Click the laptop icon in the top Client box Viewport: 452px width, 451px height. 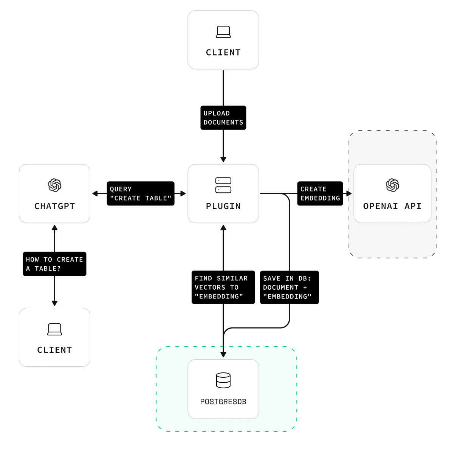tap(223, 32)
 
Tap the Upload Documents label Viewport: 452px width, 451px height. tap(223, 118)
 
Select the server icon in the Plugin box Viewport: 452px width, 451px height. tap(223, 185)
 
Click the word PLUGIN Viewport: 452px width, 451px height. tap(223, 206)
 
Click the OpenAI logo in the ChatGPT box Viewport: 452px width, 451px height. tap(55, 185)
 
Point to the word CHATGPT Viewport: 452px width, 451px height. tap(55, 206)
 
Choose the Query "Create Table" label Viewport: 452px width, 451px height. tap(141, 194)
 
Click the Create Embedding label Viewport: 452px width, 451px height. tap(320, 194)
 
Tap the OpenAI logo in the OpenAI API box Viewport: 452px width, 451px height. tap(392, 185)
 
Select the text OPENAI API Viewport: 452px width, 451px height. tap(392, 206)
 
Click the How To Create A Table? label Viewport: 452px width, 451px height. tap(54, 264)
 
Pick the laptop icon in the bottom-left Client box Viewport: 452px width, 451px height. tap(55, 329)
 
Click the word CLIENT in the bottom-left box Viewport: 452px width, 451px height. tap(55, 350)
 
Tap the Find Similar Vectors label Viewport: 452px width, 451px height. tap(223, 287)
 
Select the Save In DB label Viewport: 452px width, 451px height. tap(289, 287)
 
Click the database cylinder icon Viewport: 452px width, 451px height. tap(223, 380)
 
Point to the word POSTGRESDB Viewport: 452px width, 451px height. tap(223, 402)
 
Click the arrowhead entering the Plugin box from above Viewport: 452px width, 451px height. tap(223, 159)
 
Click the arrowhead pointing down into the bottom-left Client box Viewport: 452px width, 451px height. tap(55, 303)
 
